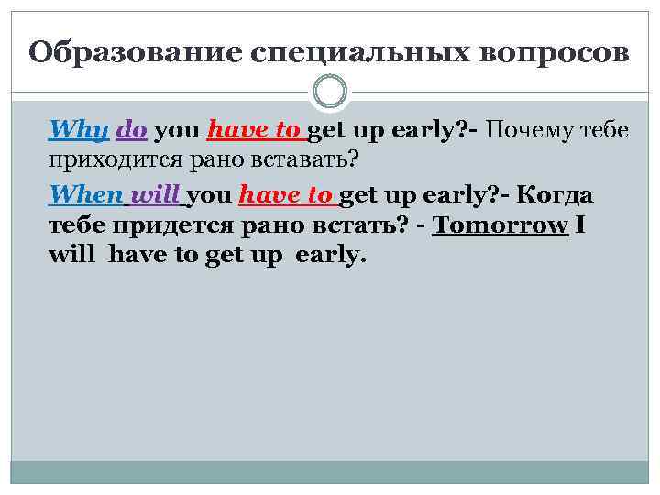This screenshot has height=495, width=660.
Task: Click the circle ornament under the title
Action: pyautogui.click(x=330, y=92)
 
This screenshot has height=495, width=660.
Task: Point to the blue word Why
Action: pyautogui.click(x=79, y=130)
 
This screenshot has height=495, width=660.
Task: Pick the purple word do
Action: pyautogui.click(x=132, y=130)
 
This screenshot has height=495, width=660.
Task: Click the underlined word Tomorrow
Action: pyautogui.click(x=500, y=225)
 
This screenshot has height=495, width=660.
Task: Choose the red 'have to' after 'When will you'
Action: pyautogui.click(x=287, y=194)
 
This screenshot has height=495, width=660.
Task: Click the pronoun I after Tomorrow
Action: pyautogui.click(x=580, y=225)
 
